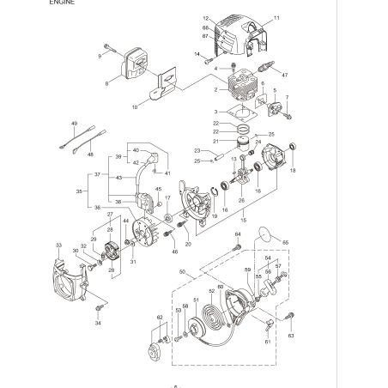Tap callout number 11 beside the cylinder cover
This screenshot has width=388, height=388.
click(276, 18)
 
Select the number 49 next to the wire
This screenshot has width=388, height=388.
click(74, 124)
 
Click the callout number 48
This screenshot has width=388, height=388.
click(90, 155)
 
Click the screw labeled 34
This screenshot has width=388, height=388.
click(100, 306)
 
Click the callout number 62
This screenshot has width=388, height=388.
click(159, 318)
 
